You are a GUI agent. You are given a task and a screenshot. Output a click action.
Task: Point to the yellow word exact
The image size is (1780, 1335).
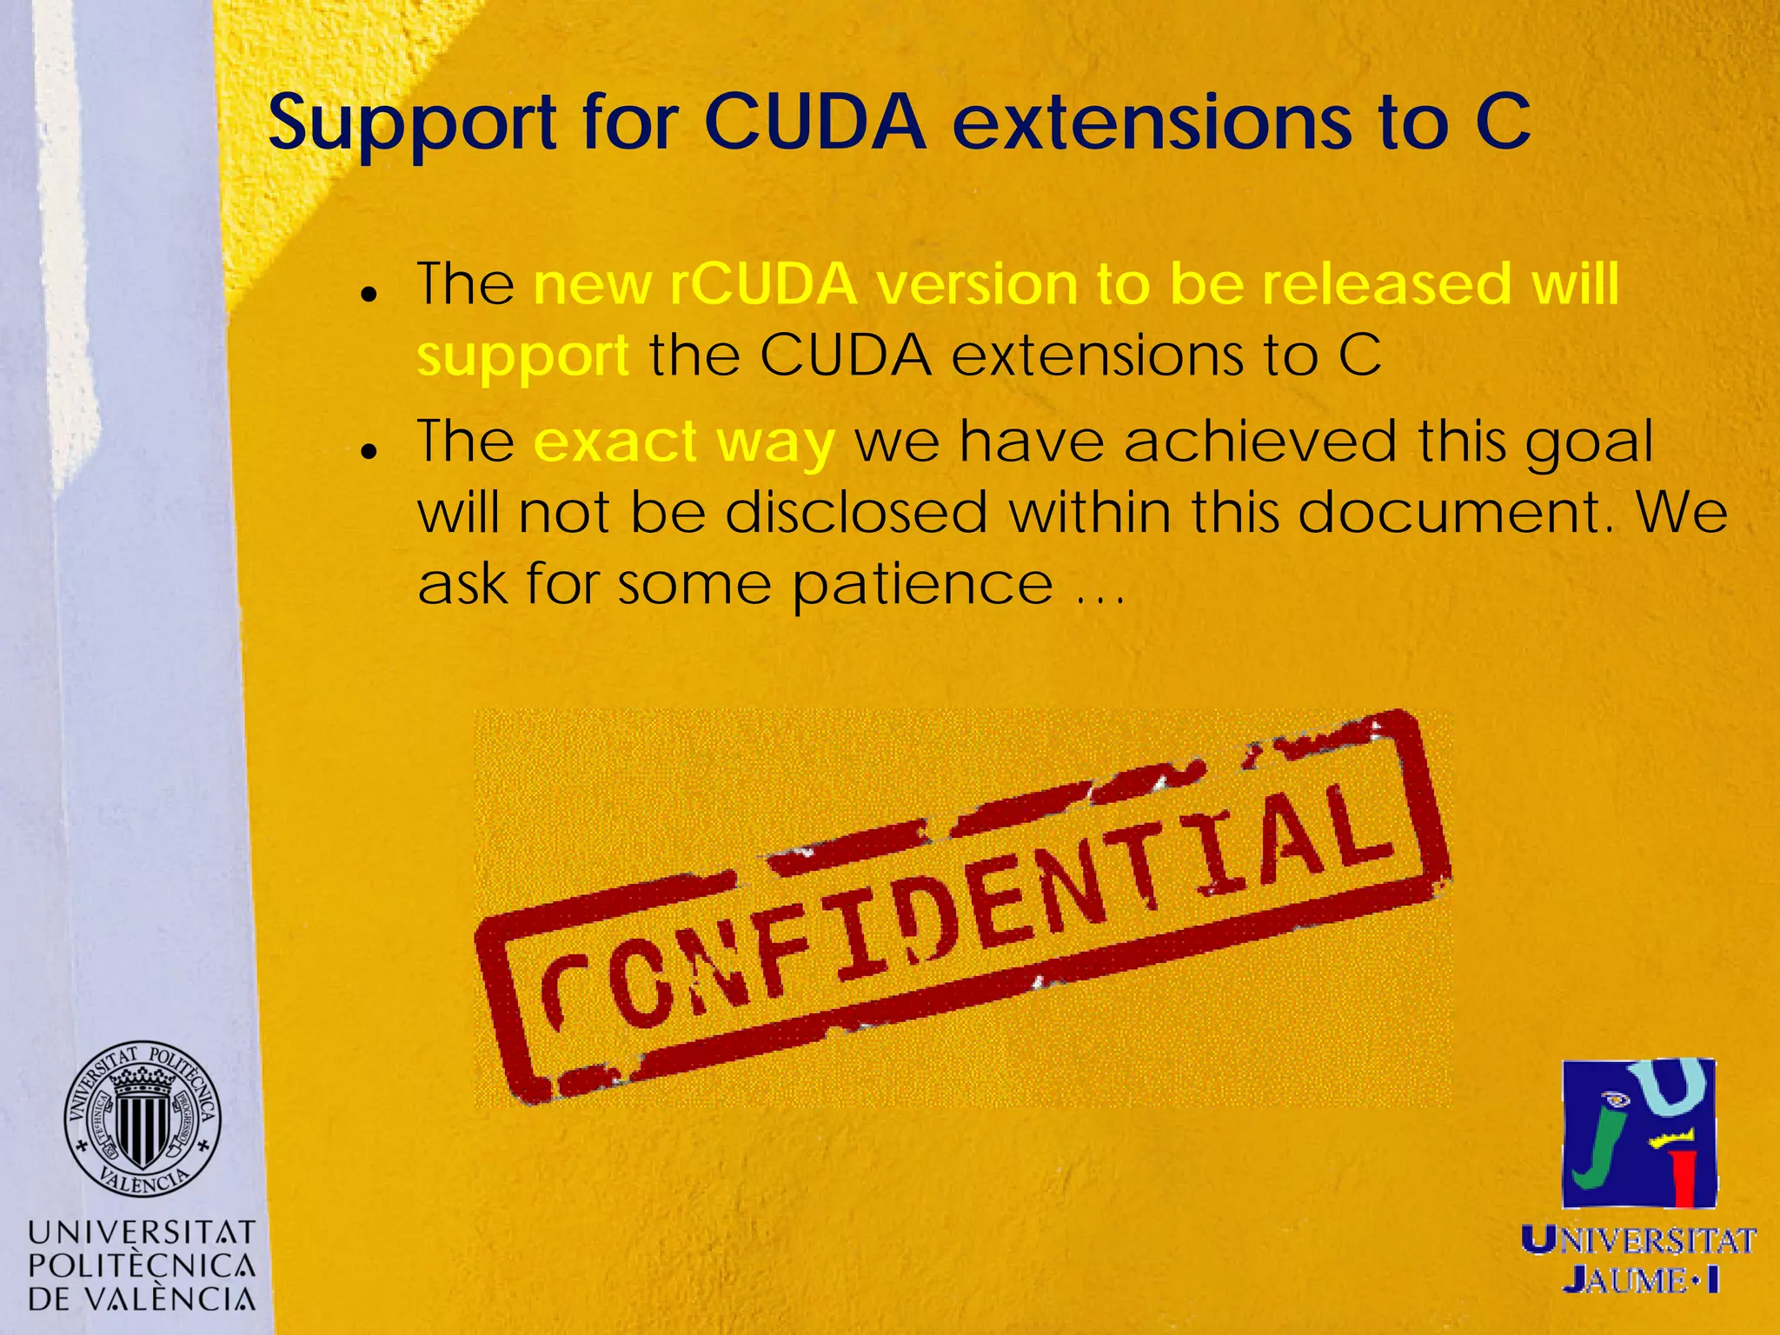(614, 442)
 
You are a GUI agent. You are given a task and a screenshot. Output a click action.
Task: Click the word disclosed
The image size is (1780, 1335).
(857, 513)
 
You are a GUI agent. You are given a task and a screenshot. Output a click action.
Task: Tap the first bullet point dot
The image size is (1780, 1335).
(370, 295)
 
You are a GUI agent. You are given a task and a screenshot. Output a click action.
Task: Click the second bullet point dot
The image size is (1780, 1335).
(370, 452)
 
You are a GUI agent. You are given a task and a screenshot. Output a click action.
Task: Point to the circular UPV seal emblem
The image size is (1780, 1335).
(143, 1119)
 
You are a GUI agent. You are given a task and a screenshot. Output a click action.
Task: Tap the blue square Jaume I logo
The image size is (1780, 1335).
(1639, 1132)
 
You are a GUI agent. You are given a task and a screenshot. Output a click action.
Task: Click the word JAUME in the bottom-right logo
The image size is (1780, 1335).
(1625, 1279)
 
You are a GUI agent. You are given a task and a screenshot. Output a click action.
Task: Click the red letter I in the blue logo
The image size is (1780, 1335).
(1684, 1178)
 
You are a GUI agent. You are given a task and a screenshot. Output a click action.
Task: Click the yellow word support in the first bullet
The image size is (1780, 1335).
(522, 357)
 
